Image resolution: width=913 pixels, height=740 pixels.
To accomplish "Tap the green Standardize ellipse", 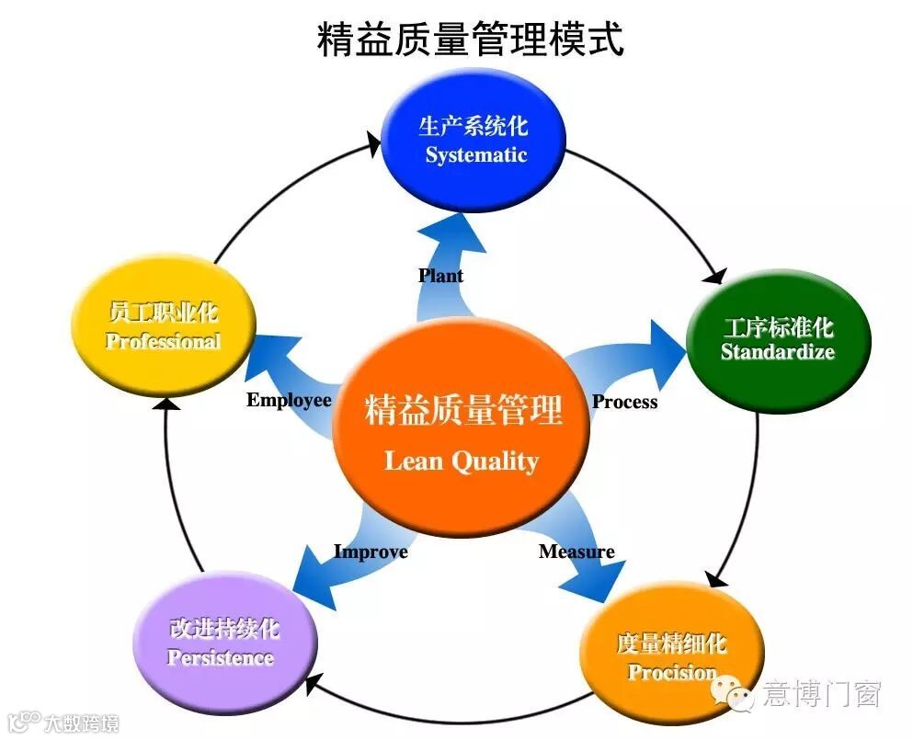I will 778,340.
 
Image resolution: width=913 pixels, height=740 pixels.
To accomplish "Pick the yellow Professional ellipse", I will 164,327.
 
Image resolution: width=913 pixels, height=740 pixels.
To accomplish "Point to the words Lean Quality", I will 462,461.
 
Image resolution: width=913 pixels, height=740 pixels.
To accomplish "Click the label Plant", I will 440,276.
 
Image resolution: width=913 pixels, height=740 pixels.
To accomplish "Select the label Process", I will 624,402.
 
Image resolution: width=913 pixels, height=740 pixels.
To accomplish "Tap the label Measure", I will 576,552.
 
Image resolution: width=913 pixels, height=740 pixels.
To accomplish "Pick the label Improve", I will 370,552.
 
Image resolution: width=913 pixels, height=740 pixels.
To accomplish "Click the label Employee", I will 289,400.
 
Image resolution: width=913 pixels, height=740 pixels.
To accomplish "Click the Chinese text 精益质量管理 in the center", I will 462,410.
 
